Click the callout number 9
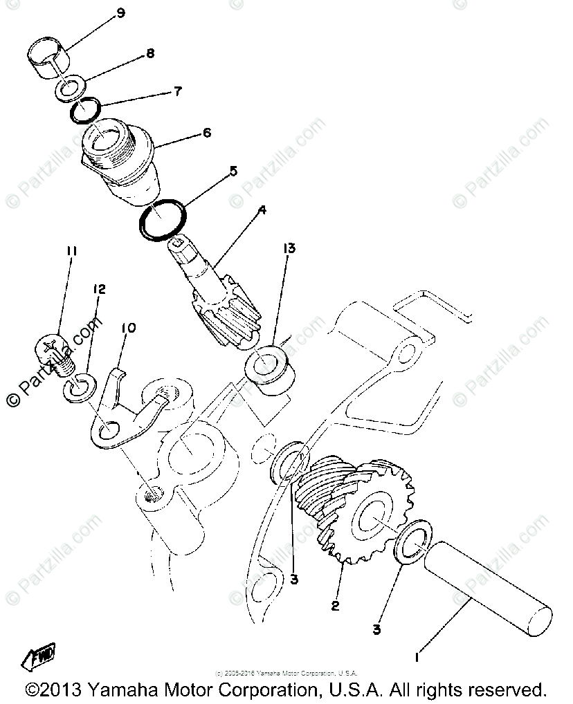coord(122,13)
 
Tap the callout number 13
coord(289,248)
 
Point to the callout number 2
coord(336,606)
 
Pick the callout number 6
coord(206,132)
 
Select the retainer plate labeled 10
coord(125,422)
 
